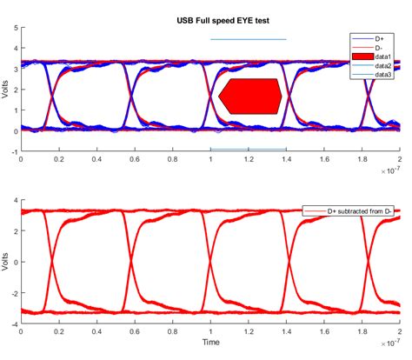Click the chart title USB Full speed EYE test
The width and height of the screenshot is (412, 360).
pyautogui.click(x=209, y=18)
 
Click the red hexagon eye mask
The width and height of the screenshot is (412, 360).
pyautogui.click(x=249, y=97)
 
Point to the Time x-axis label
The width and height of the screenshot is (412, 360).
pyautogui.click(x=209, y=343)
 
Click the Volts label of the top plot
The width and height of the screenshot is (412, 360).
pyautogui.click(x=7, y=90)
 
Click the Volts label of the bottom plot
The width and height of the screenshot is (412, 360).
pyautogui.click(x=7, y=263)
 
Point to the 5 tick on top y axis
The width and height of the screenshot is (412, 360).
pyautogui.click(x=14, y=28)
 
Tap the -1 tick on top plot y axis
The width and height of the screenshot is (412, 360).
pyautogui.click(x=12, y=151)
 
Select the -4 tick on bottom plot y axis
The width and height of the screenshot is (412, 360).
pyautogui.click(x=12, y=324)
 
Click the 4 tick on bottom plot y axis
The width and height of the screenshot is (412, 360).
pyautogui.click(x=14, y=202)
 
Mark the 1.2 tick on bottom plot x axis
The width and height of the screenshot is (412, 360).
pyautogui.click(x=248, y=332)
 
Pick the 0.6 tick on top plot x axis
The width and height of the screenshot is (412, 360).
pyautogui.click(x=134, y=160)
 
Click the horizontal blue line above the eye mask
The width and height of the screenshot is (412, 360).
pyautogui.click(x=248, y=39)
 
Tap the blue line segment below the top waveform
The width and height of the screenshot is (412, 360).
pyautogui.click(x=248, y=150)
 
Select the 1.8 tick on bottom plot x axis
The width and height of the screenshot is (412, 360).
pyautogui.click(x=362, y=332)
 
